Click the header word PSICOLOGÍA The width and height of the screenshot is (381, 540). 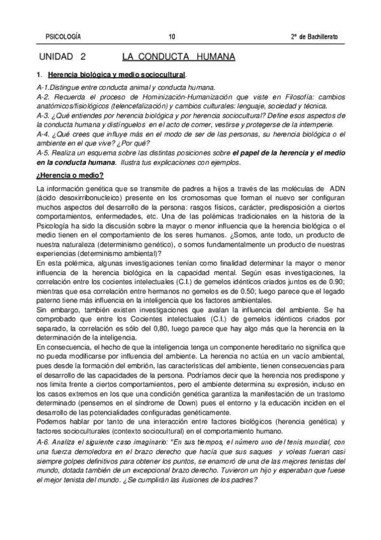point(64,36)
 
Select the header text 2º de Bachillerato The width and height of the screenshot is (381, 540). point(314,36)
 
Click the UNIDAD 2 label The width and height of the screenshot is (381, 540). point(62,57)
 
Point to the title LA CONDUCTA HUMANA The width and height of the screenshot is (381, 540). point(178,57)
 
